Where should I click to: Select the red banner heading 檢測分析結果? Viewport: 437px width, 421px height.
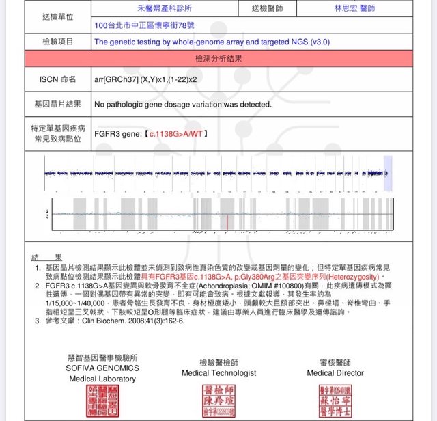(x=218, y=59)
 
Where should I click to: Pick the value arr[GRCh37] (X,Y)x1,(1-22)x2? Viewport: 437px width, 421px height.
(x=150, y=79)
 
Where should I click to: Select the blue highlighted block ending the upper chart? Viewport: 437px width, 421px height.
(x=388, y=174)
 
